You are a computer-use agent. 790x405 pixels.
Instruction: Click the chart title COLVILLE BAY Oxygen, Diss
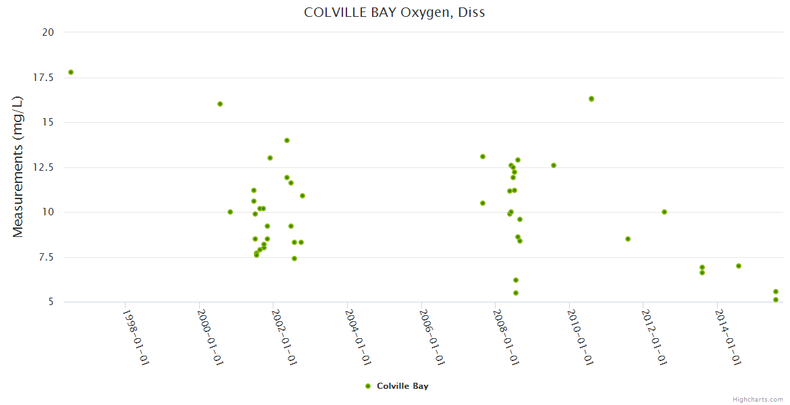click(394, 12)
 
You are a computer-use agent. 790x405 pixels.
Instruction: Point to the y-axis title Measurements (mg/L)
click(18, 167)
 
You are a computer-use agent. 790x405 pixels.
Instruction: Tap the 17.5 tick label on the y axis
click(44, 78)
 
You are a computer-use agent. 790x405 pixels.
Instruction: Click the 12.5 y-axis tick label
click(44, 167)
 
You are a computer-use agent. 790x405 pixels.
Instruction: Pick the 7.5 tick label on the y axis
click(47, 257)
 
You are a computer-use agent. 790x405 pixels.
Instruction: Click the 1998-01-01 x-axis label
click(136, 337)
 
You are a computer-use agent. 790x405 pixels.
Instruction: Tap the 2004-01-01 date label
click(358, 337)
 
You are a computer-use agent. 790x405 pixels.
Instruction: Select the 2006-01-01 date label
click(432, 337)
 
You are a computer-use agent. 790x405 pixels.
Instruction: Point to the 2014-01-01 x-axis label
click(729, 337)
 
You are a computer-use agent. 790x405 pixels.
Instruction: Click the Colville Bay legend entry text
click(402, 386)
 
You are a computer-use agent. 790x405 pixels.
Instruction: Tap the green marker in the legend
click(368, 386)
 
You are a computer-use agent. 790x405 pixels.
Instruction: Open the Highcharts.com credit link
click(758, 399)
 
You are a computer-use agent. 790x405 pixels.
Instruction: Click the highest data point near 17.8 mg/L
click(71, 72)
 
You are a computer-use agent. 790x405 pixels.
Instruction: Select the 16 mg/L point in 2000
click(220, 104)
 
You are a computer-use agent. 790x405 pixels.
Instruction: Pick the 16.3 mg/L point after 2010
click(591, 99)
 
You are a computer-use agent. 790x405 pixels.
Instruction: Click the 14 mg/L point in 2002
click(287, 140)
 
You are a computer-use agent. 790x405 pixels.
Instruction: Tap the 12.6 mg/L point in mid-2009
click(554, 165)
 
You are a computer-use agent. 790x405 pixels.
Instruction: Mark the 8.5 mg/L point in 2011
click(628, 239)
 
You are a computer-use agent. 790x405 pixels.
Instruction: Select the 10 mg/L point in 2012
click(664, 212)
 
